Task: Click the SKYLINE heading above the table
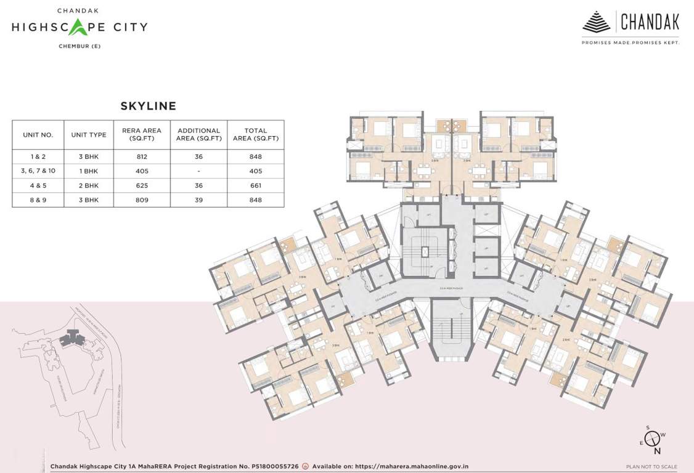(x=148, y=106)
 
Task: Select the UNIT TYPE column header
(x=89, y=134)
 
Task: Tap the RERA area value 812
(x=142, y=156)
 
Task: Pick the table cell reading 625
(x=142, y=185)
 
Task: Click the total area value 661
(x=256, y=185)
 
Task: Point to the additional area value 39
(x=198, y=200)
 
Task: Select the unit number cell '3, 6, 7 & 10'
(x=38, y=171)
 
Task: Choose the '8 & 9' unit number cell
(x=38, y=200)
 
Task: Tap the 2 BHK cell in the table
(x=89, y=185)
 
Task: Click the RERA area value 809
(x=142, y=200)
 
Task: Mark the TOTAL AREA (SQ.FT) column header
(x=256, y=134)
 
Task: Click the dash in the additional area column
(x=198, y=171)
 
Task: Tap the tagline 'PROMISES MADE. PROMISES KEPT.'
(x=631, y=42)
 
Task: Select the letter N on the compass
(x=657, y=450)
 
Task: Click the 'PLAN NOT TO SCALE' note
(x=651, y=467)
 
